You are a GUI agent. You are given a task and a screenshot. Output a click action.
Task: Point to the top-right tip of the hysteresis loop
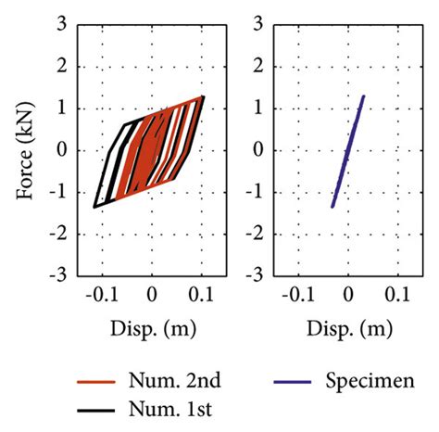(x=203, y=95)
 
